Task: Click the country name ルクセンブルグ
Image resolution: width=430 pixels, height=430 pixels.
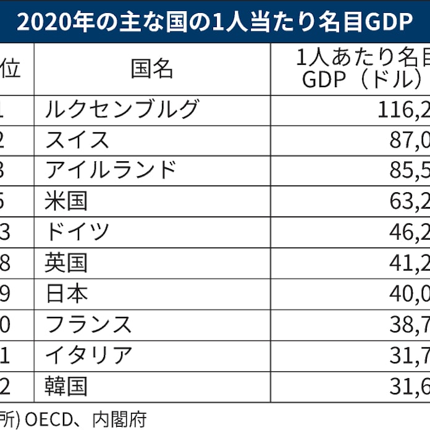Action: [122, 109]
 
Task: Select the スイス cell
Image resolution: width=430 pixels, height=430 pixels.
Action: [77, 140]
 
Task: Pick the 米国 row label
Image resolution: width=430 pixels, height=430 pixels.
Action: [66, 201]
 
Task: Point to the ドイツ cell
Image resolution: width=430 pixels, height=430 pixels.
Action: [77, 232]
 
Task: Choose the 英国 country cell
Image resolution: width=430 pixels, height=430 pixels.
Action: [66, 263]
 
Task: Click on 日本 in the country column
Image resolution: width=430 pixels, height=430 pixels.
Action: [66, 294]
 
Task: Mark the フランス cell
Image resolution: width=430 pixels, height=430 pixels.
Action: [88, 325]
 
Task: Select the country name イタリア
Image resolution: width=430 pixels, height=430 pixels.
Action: [88, 356]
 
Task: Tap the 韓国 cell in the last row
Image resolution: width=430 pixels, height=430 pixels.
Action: [66, 387]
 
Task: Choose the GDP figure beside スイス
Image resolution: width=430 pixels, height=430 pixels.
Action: [408, 140]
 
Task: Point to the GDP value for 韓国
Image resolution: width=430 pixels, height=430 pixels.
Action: [408, 387]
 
